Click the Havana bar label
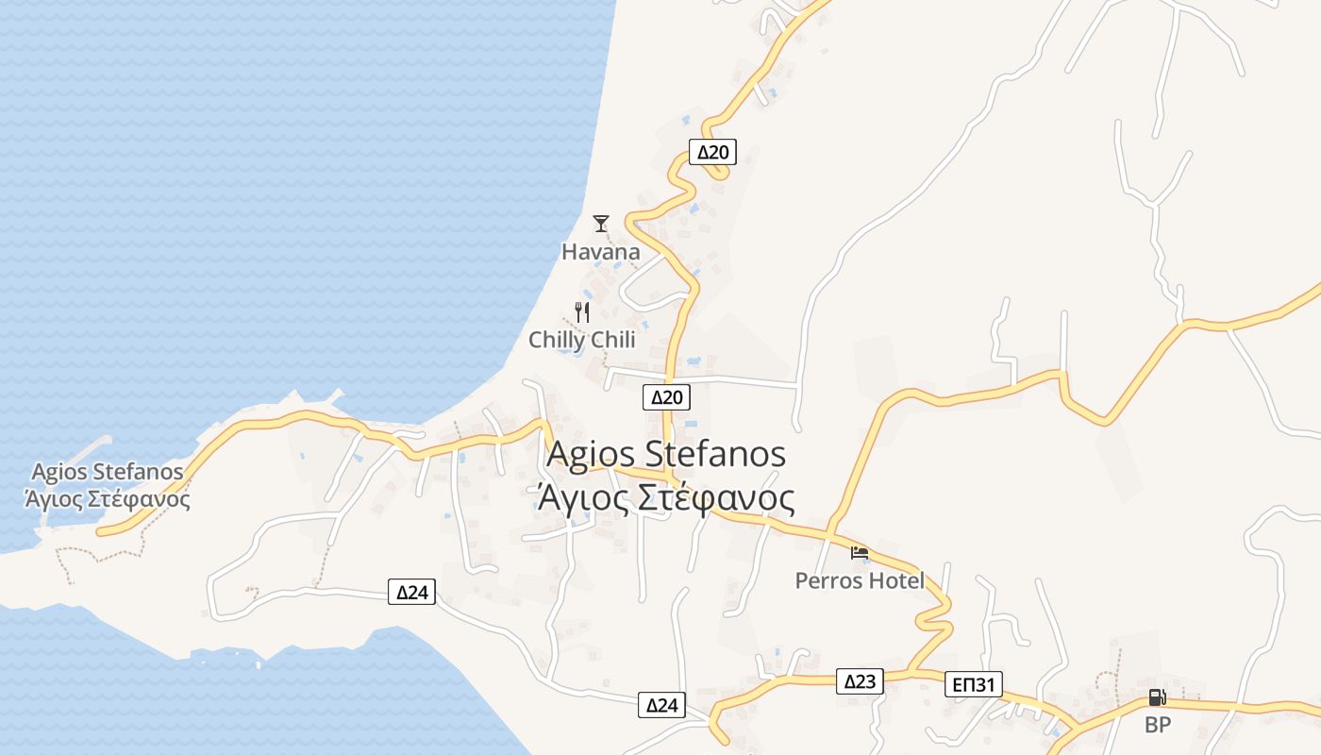pyautogui.click(x=600, y=252)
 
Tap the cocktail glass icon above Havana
pyautogui.click(x=601, y=224)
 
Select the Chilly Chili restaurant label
pyautogui.click(x=581, y=340)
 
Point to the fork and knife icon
pyautogui.click(x=582, y=312)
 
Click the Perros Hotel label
pyautogui.click(x=860, y=580)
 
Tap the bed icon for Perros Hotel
pyautogui.click(x=859, y=552)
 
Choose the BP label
pyautogui.click(x=1157, y=726)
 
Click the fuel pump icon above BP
pyautogui.click(x=1157, y=698)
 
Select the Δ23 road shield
pyautogui.click(x=860, y=681)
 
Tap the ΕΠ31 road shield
pyautogui.click(x=974, y=684)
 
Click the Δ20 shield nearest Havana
pyautogui.click(x=712, y=152)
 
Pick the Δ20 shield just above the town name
pyautogui.click(x=666, y=397)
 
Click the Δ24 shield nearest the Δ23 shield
pyautogui.click(x=661, y=704)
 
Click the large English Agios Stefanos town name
pyautogui.click(x=666, y=454)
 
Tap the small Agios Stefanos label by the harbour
pyautogui.click(x=107, y=471)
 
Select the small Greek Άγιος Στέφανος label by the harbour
pyautogui.click(x=107, y=498)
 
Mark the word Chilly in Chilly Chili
pyautogui.click(x=557, y=340)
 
